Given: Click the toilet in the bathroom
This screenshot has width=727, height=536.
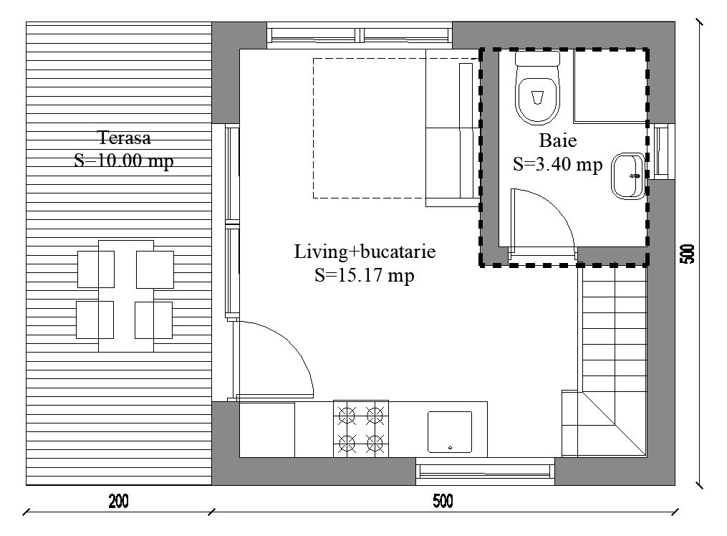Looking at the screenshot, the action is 537,88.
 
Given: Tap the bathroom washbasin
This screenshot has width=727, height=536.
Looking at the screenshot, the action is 628,176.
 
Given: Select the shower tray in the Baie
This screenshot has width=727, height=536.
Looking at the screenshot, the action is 610,86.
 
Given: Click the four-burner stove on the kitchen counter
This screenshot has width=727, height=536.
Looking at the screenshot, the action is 361,429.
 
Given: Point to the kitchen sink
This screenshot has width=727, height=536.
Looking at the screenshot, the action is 450,432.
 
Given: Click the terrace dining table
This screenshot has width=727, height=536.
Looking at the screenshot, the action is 125,296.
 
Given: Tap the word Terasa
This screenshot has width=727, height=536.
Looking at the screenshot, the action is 124,138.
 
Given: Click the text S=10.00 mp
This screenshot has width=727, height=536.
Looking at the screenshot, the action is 124,161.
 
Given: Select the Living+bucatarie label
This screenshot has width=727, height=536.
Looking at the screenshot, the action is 365,252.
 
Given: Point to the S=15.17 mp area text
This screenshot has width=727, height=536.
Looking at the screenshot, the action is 365,275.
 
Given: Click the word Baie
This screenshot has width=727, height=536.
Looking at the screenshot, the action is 558,140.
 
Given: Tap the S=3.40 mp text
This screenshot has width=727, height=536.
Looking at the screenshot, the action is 558,163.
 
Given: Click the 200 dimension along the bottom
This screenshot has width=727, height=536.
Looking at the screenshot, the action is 119,501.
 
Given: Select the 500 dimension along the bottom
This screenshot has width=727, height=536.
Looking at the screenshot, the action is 443,501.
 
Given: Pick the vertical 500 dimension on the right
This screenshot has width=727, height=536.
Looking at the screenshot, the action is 688,254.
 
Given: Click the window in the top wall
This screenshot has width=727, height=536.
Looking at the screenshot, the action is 360,35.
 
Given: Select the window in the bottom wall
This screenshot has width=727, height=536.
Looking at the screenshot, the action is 485,471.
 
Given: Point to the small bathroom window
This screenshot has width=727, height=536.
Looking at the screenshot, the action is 661,152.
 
